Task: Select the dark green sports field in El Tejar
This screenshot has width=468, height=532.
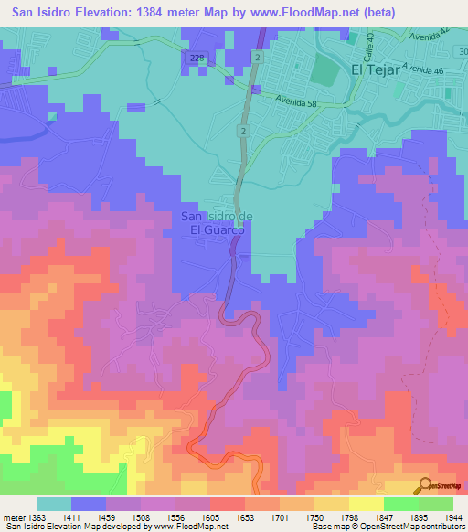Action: [x=323, y=71]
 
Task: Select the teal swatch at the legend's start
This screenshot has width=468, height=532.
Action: [x=54, y=504]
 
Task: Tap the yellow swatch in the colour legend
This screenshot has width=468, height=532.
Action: [x=367, y=504]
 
